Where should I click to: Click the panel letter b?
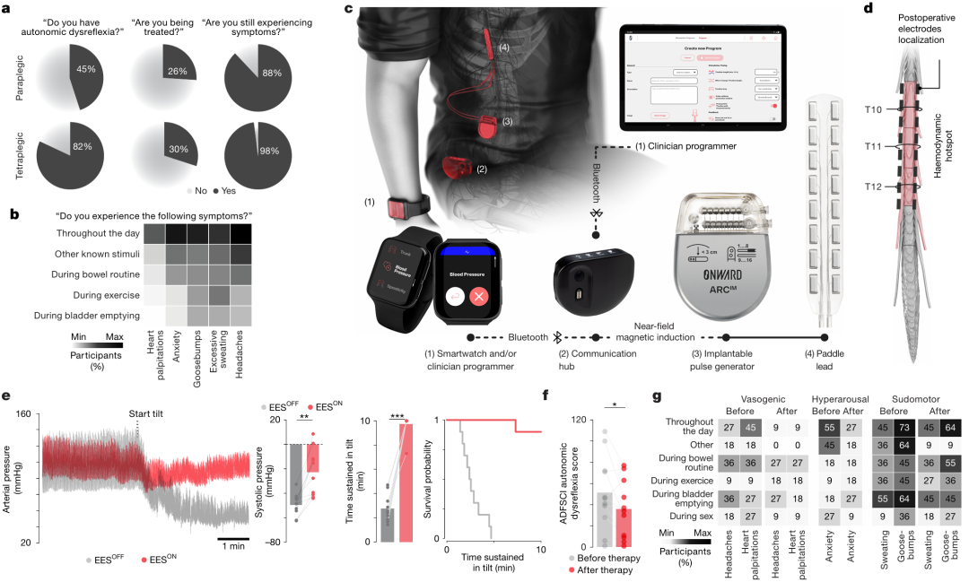click(11, 215)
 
